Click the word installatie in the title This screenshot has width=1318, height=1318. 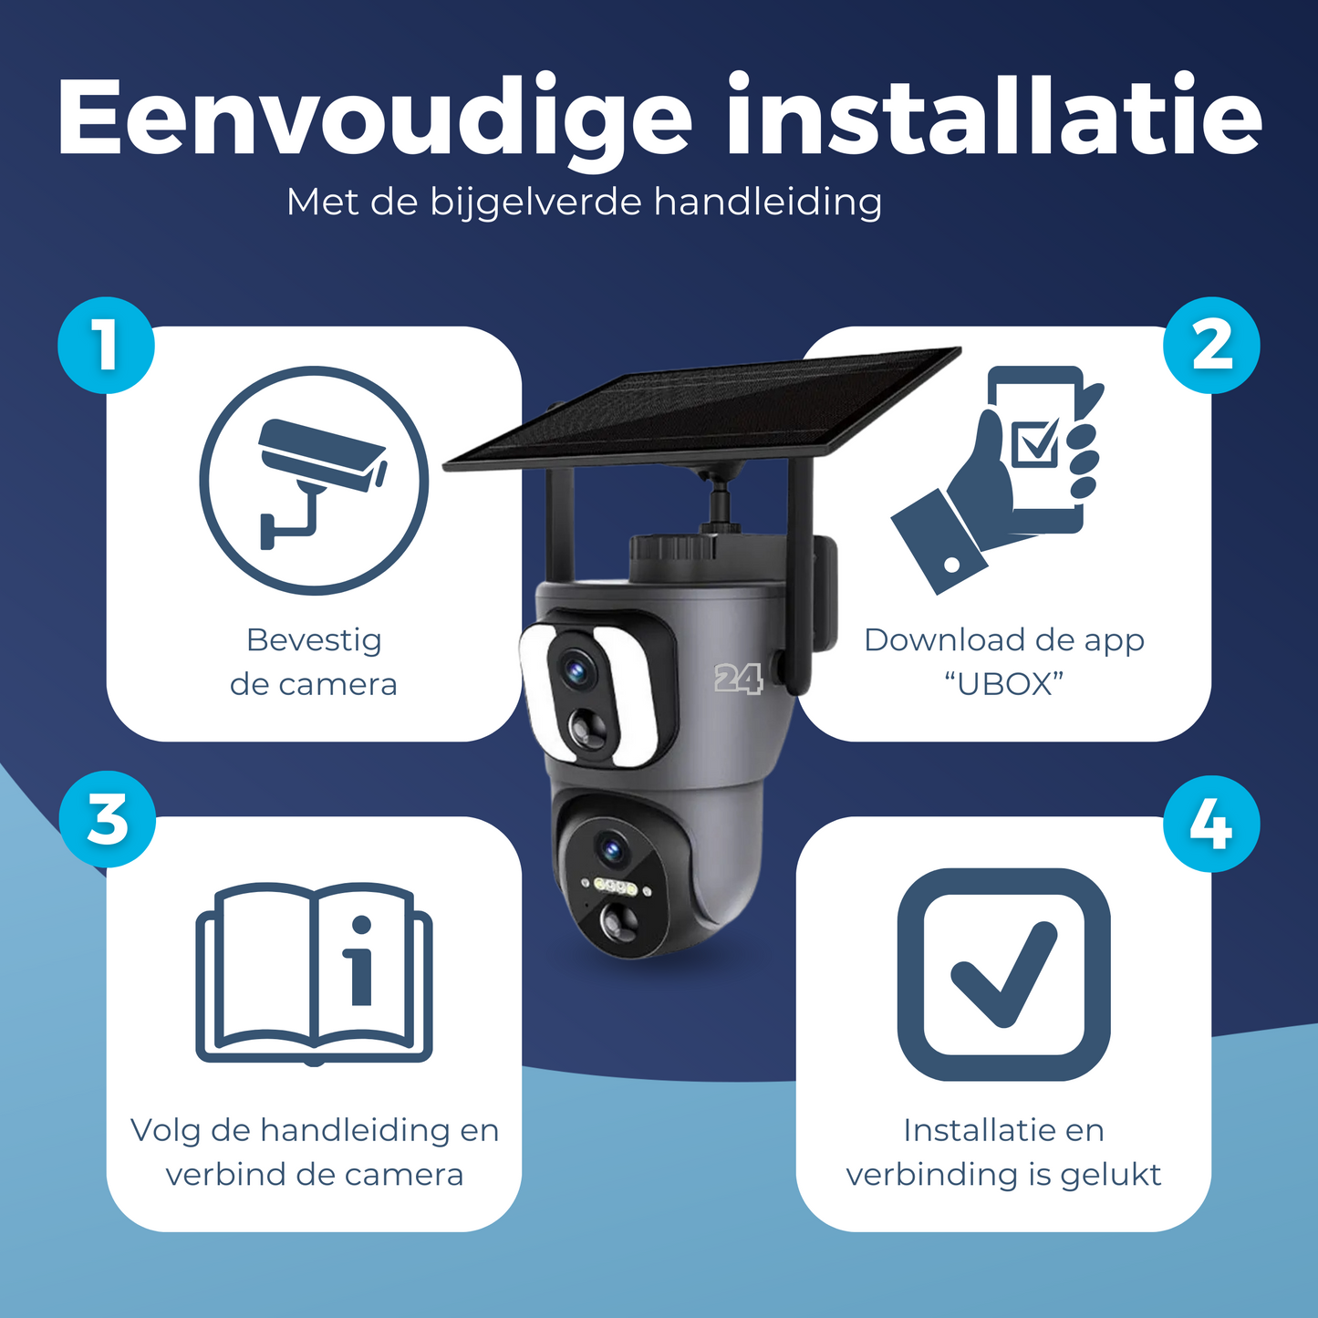(x=994, y=114)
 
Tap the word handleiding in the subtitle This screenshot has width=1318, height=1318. (x=767, y=203)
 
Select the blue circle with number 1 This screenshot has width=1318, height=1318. (x=106, y=346)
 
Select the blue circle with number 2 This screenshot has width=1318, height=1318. (x=1211, y=346)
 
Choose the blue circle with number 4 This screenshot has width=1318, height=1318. (x=1211, y=824)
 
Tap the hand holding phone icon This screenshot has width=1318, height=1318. (x=998, y=479)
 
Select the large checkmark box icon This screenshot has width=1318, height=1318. (x=1003, y=975)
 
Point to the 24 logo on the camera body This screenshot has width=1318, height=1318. (x=737, y=679)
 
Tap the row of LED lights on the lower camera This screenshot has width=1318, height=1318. (x=616, y=887)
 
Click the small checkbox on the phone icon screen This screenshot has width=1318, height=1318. (x=1034, y=441)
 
